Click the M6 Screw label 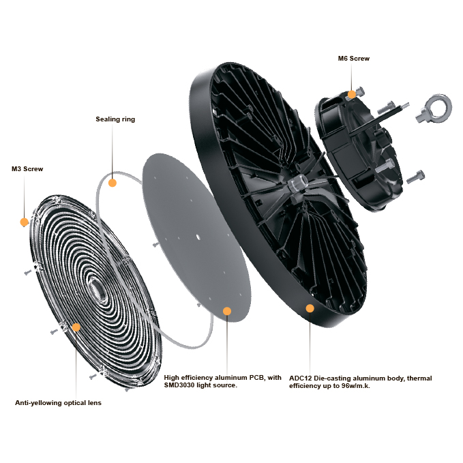click(x=353, y=59)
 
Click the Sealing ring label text click(x=115, y=119)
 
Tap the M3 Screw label click(x=27, y=169)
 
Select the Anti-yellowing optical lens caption click(x=58, y=403)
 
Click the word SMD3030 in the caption click(x=179, y=385)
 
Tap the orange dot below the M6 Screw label click(x=352, y=95)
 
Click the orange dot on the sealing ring click(x=113, y=183)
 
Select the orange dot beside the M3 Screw click(x=25, y=222)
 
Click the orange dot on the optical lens click(x=76, y=327)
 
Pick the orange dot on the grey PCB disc click(x=227, y=311)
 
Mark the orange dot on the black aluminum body click(x=310, y=308)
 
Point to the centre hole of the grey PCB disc click(x=198, y=237)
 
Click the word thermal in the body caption click(x=419, y=378)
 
